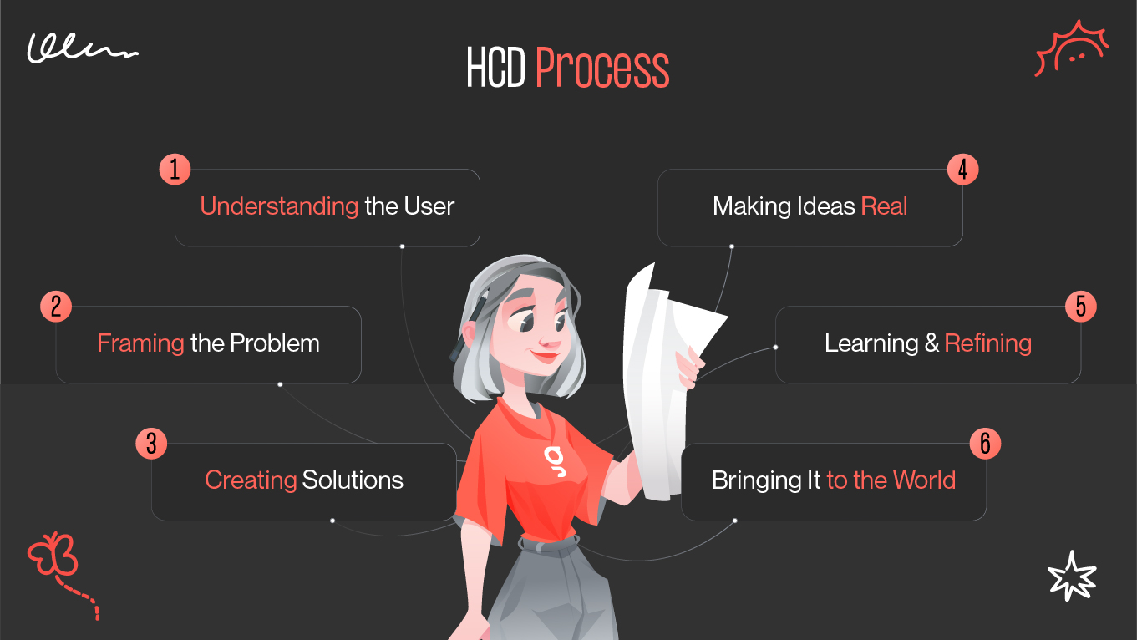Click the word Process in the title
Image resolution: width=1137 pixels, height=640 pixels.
click(x=602, y=69)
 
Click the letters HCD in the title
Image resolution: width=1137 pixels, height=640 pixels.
click(x=495, y=69)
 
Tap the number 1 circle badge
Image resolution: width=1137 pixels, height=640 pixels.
click(x=175, y=170)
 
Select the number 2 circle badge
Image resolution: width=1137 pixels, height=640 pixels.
click(x=56, y=307)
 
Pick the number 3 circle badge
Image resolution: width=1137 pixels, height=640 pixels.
click(x=151, y=443)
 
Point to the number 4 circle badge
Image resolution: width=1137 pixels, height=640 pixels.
click(x=962, y=170)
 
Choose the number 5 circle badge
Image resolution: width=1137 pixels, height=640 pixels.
click(x=1080, y=307)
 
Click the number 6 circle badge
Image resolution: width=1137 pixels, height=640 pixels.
click(x=985, y=444)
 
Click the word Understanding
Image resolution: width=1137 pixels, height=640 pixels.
click(x=279, y=206)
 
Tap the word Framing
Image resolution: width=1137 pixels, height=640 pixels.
click(x=140, y=343)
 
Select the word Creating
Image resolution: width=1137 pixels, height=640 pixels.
click(x=251, y=480)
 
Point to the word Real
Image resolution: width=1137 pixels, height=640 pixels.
click(x=884, y=206)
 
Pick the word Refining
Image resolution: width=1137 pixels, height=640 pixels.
click(x=988, y=343)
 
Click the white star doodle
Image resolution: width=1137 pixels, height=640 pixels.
click(x=1071, y=576)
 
